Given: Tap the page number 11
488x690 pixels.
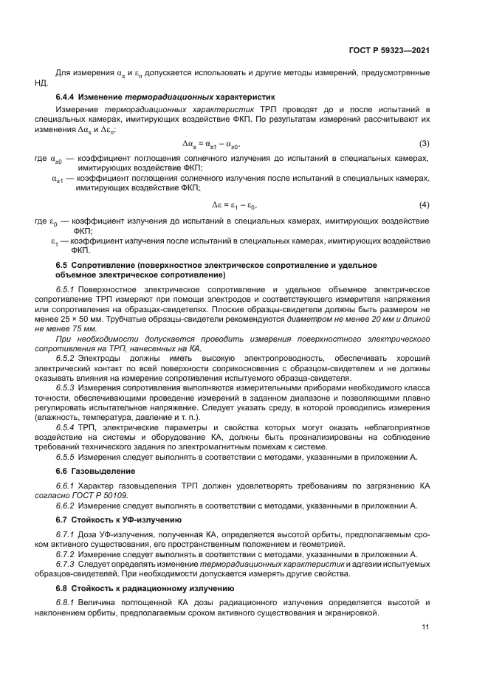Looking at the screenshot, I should click(425, 627).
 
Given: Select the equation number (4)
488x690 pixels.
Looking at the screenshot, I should click(425, 204).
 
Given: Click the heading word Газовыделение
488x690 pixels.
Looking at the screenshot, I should click(98, 470).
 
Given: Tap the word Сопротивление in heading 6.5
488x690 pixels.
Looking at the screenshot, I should click(102, 264).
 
